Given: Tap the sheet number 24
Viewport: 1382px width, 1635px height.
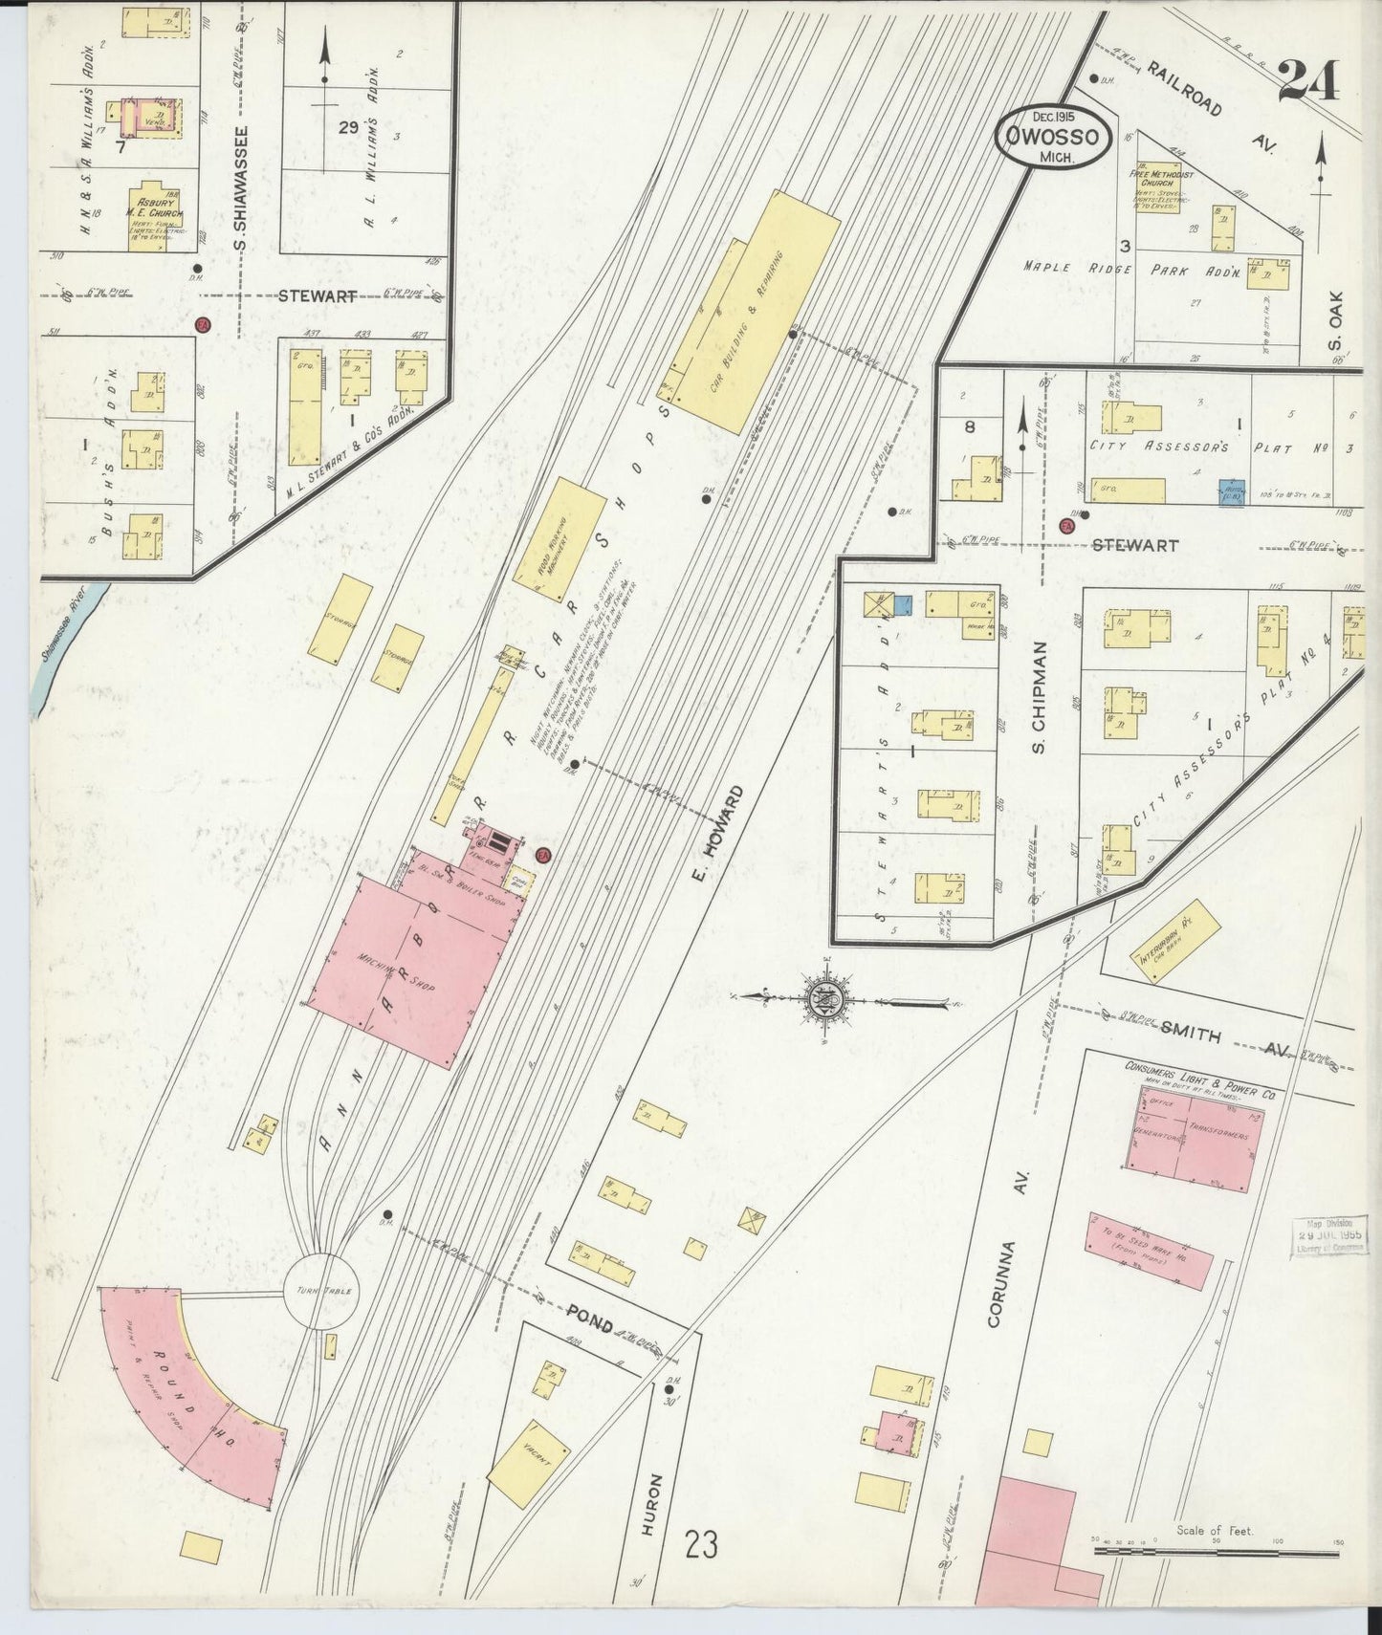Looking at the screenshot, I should click(1307, 80).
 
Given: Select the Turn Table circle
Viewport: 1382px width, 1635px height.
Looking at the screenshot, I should click(321, 1291).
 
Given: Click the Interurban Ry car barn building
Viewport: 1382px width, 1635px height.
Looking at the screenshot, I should click(1176, 940).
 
